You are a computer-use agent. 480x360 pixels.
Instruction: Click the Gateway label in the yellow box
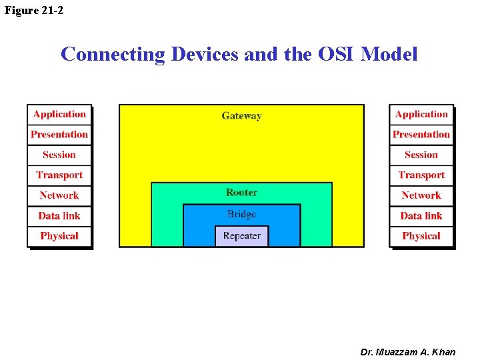pyautogui.click(x=241, y=116)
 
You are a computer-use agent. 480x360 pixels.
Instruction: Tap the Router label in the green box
pyautogui.click(x=241, y=193)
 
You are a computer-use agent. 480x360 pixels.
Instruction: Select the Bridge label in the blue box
pyautogui.click(x=241, y=214)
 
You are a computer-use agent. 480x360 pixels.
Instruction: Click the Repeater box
pyautogui.click(x=241, y=236)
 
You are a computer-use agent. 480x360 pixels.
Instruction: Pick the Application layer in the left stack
pyautogui.click(x=59, y=115)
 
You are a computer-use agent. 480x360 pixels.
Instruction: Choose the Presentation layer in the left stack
pyautogui.click(x=59, y=135)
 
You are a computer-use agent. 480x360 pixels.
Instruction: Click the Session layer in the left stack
pyautogui.click(x=59, y=155)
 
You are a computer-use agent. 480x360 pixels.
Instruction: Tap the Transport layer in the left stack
pyautogui.click(x=59, y=175)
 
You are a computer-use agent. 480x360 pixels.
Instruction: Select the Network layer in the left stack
pyautogui.click(x=59, y=195)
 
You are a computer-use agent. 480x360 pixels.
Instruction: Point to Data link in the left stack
pyautogui.click(x=59, y=216)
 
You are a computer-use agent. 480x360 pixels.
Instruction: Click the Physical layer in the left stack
pyautogui.click(x=59, y=236)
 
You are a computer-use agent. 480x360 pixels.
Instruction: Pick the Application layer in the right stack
pyautogui.click(x=421, y=115)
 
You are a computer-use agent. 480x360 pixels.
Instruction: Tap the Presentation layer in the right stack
pyautogui.click(x=421, y=135)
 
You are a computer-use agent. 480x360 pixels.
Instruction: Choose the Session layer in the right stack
pyautogui.click(x=421, y=155)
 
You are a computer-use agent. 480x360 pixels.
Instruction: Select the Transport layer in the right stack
pyautogui.click(x=421, y=175)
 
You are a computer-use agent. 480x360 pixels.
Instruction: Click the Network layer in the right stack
pyautogui.click(x=421, y=195)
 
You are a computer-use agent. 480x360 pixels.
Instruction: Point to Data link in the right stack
pyautogui.click(x=421, y=216)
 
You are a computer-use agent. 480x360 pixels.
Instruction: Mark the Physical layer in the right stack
pyautogui.click(x=421, y=236)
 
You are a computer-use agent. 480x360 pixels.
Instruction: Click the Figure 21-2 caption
pyautogui.click(x=35, y=10)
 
